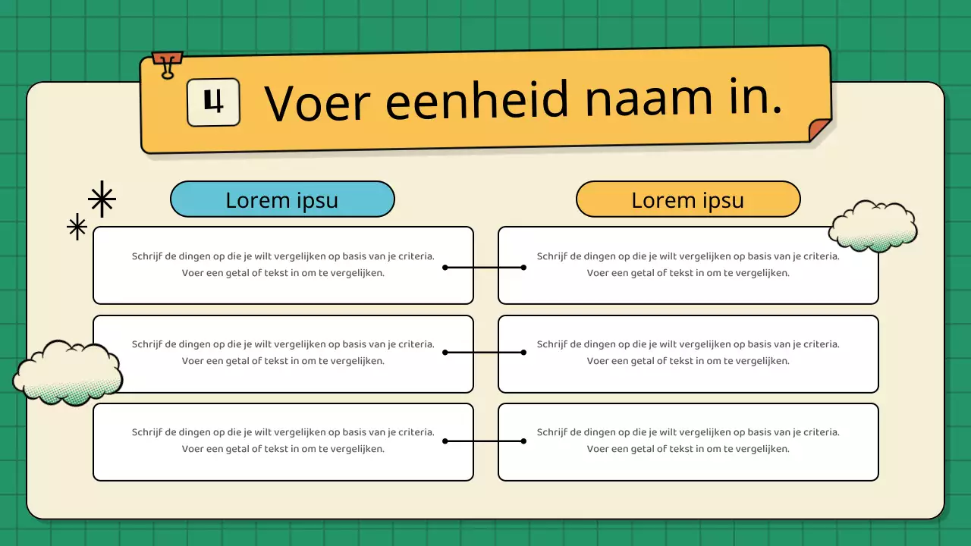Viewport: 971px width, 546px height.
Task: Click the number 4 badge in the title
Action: tap(213, 102)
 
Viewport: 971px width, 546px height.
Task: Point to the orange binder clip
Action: tap(167, 63)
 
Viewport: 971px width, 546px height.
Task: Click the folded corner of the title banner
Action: tap(819, 130)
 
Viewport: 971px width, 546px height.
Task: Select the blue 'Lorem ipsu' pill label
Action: tap(282, 199)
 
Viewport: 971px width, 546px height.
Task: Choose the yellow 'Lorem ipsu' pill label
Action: tap(688, 199)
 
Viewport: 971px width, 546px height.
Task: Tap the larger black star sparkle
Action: tap(102, 199)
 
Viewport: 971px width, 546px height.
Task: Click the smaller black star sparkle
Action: tap(77, 227)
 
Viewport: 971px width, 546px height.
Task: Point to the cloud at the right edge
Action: tap(872, 226)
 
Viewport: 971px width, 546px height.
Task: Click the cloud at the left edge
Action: tap(68, 372)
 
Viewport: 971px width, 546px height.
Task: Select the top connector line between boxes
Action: tap(485, 267)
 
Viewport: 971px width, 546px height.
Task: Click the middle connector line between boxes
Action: tap(485, 352)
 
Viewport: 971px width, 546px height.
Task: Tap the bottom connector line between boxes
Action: tap(485, 441)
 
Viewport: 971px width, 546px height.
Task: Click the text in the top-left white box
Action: tap(283, 265)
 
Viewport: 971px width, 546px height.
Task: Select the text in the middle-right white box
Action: tap(688, 353)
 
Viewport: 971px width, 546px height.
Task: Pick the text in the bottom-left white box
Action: tap(283, 441)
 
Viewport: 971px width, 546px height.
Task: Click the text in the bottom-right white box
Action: tap(688, 441)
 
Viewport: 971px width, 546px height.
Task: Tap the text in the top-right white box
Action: tap(688, 265)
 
